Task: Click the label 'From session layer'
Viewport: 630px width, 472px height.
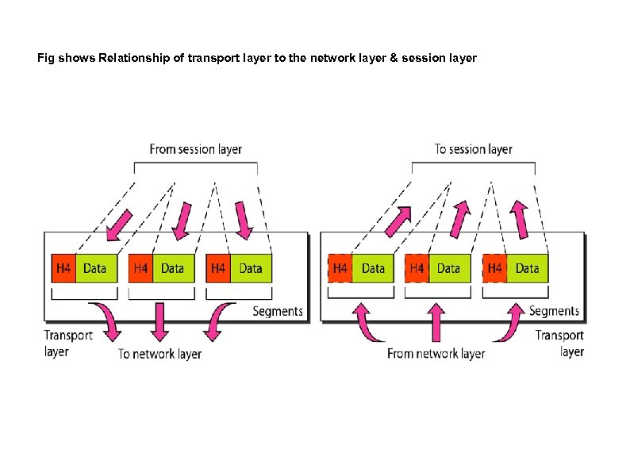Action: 195,149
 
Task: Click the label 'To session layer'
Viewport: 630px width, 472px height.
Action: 473,149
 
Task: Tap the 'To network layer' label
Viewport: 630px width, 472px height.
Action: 159,354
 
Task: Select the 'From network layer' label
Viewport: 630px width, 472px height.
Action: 436,354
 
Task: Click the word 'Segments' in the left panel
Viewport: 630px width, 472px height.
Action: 278,311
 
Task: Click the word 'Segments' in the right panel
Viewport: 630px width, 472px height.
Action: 554,311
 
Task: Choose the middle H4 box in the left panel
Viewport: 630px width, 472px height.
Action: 140,268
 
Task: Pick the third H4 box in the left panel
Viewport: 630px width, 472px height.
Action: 218,268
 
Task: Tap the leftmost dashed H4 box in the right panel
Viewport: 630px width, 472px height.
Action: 340,268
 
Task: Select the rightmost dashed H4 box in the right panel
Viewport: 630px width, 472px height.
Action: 495,268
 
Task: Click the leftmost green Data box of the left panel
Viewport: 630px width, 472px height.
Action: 95,268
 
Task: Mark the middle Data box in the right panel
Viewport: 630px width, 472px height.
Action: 449,268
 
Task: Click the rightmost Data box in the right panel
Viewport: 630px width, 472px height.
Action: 527,268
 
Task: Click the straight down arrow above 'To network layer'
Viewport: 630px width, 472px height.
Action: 160,320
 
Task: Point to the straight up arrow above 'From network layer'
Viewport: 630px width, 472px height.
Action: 436,320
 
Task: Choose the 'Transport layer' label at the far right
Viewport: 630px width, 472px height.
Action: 559,343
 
